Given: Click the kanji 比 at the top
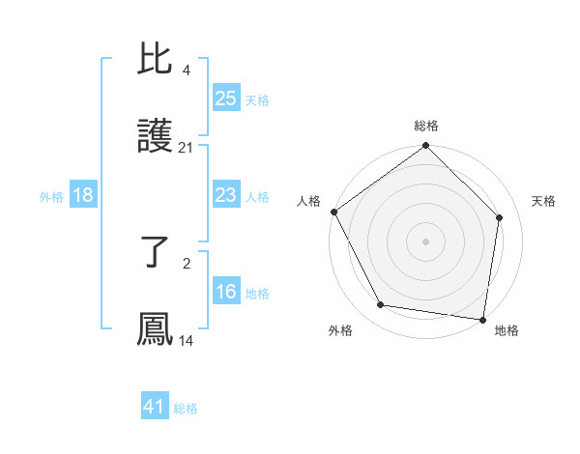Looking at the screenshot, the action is point(156,63).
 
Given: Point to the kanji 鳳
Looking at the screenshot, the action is point(156,328).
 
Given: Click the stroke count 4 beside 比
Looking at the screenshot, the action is point(186,71).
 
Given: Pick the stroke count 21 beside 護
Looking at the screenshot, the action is point(186,147).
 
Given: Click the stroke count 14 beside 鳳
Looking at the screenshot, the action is point(186,340).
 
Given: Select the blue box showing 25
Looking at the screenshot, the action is point(226,99).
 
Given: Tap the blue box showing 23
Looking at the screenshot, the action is point(226,195).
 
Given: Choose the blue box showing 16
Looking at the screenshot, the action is point(226,292).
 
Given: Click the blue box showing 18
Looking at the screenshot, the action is point(83,195).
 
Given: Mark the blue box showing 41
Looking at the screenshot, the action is point(155,407).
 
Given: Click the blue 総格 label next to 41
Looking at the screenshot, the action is point(186,409).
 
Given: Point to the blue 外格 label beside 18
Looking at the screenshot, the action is point(51,197).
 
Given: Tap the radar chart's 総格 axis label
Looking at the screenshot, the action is point(426,126).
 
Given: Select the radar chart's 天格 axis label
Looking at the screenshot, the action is point(544,201).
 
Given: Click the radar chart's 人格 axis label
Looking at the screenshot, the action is point(309,201).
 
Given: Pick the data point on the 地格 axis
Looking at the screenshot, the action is point(483,319).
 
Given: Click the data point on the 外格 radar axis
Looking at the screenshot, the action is point(381,305).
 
